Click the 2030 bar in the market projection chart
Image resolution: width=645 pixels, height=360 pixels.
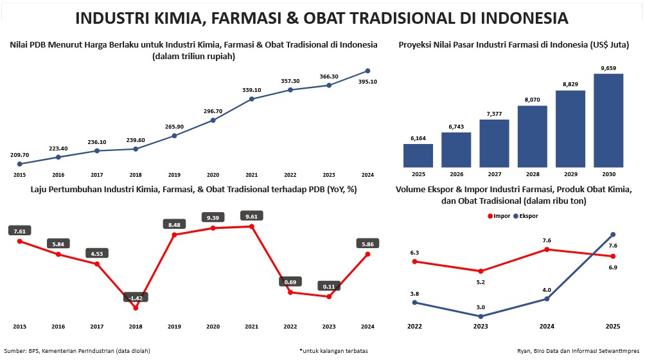point(608,120)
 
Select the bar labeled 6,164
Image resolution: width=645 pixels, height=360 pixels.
point(418,155)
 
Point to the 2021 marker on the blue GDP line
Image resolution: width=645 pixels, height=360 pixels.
point(252,99)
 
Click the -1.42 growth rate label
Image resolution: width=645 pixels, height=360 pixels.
point(136,298)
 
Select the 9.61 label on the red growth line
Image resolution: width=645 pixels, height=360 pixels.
point(251,216)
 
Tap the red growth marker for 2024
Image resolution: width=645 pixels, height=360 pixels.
point(367,254)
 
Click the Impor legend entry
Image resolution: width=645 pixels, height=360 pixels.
point(497,215)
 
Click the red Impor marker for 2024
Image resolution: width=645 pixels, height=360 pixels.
point(547,249)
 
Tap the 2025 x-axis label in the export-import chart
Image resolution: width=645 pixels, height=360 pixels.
point(613,327)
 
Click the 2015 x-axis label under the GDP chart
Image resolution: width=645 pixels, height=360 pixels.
point(19,175)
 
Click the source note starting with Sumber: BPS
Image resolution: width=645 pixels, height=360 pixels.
point(76,350)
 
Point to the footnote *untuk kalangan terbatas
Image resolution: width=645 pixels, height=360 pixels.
point(333,350)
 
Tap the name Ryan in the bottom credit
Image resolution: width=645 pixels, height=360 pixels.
point(525,350)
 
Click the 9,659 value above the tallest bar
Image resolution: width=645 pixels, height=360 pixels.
point(608,67)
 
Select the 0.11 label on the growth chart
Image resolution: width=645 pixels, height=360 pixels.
point(329,286)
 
